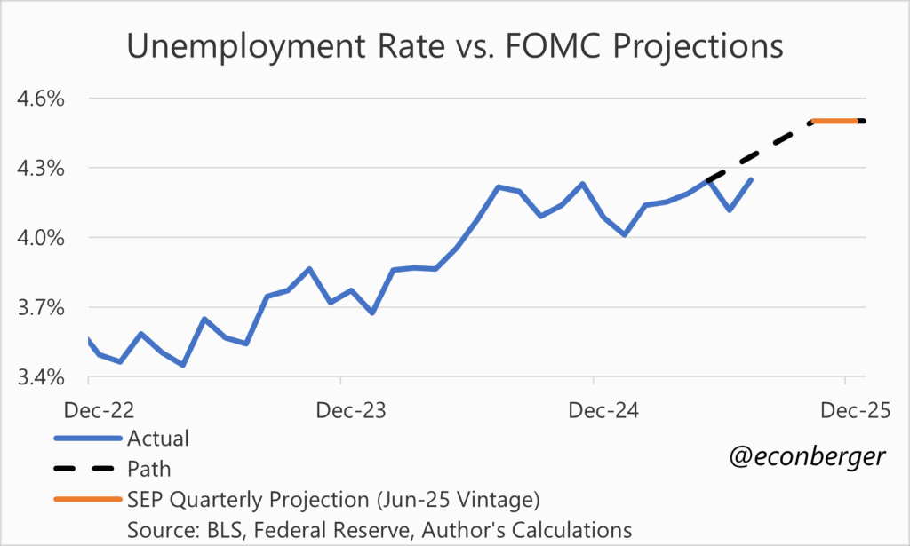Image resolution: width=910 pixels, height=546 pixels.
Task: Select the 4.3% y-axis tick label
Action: [41, 168]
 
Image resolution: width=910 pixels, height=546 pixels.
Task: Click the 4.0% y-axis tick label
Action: [41, 238]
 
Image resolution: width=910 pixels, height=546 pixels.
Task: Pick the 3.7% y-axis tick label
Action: [41, 308]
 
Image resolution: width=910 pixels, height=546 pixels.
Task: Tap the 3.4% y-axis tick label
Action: [41, 378]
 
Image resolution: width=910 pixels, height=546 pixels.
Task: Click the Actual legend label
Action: [158, 438]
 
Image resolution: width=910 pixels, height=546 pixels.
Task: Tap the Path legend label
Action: [148, 468]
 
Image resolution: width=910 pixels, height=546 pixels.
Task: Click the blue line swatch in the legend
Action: [87, 438]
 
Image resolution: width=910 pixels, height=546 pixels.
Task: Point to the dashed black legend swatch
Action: [87, 468]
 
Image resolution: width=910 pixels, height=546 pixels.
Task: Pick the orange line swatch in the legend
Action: [87, 498]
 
